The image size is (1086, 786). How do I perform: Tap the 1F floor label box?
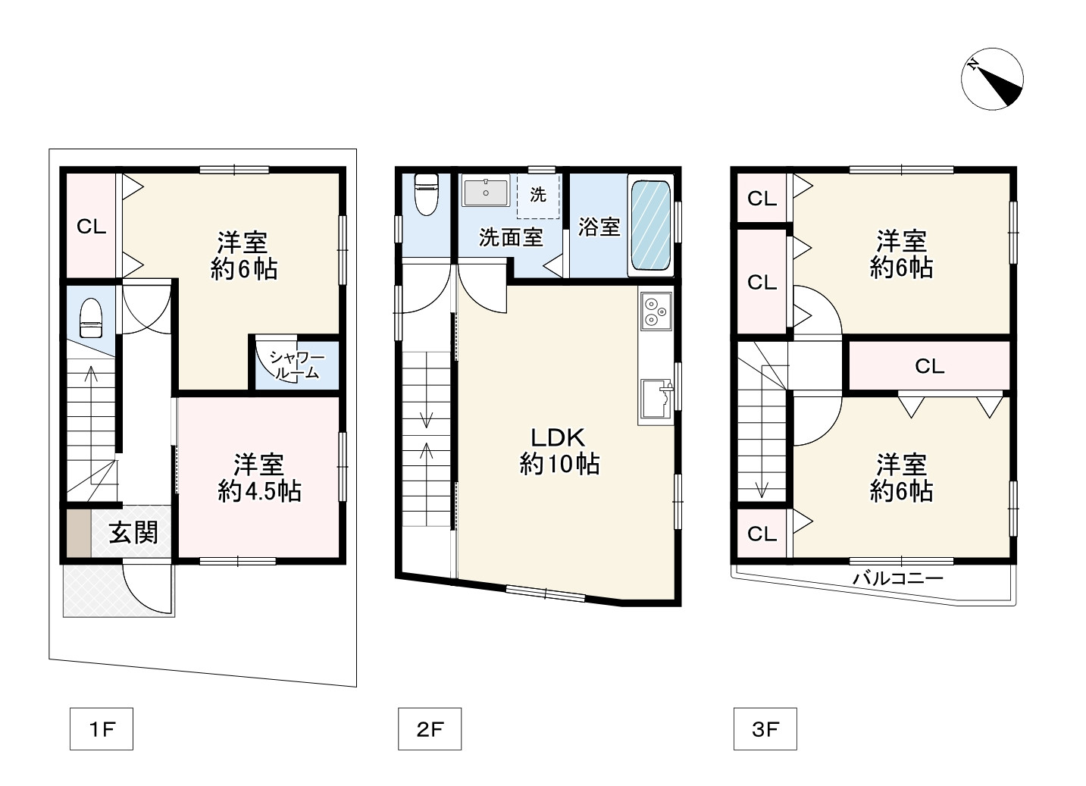click(x=102, y=728)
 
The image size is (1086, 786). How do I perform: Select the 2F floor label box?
click(x=430, y=728)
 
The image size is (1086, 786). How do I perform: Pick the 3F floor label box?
click(x=765, y=728)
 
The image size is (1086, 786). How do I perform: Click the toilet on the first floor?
click(x=90, y=318)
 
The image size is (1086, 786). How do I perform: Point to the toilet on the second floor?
click(x=427, y=194)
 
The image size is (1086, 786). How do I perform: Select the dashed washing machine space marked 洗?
click(x=538, y=196)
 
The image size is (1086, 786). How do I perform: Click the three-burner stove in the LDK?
click(x=656, y=311)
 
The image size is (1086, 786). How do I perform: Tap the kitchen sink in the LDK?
click(x=656, y=399)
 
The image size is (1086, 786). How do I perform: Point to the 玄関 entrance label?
click(x=133, y=533)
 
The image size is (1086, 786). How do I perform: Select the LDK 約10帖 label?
click(x=559, y=450)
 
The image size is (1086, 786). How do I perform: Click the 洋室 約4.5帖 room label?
click(x=259, y=478)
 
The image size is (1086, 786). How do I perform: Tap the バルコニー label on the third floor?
click(x=898, y=578)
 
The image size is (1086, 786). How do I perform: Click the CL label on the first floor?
click(x=91, y=227)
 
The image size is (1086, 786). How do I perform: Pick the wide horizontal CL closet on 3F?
click(x=929, y=365)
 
